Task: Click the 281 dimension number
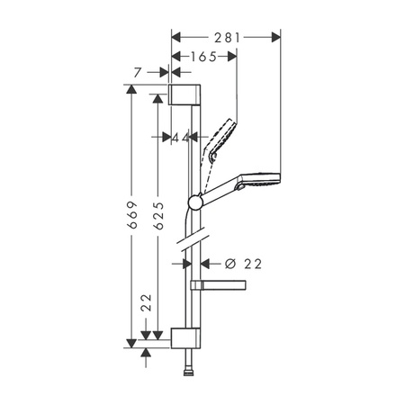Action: pyautogui.click(x=227, y=37)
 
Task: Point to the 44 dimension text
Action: pyautogui.click(x=184, y=137)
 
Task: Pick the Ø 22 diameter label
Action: pyautogui.click(x=241, y=263)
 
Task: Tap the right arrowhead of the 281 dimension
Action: pyautogui.click(x=276, y=37)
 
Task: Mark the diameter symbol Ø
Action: pyautogui.click(x=229, y=263)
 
